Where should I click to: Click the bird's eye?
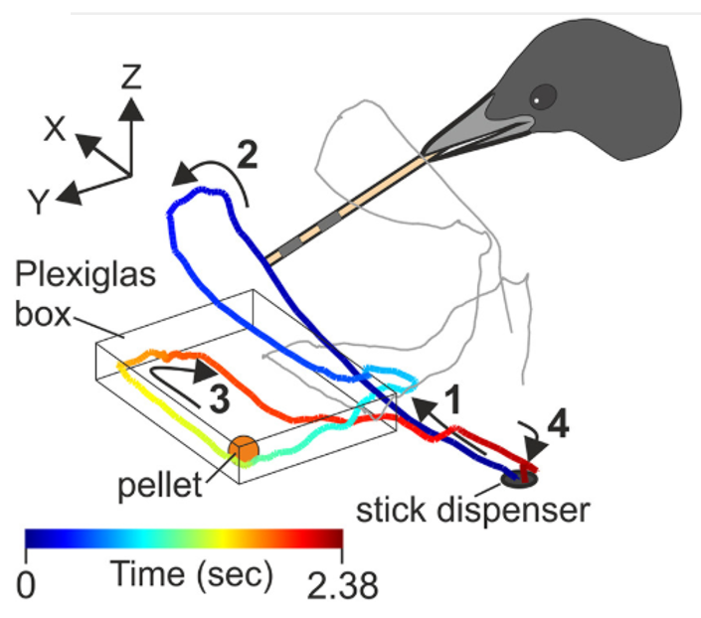[543, 96]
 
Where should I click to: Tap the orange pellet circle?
[244, 449]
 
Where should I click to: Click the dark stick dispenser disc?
[519, 479]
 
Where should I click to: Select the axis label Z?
[131, 77]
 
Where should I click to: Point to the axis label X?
[55, 129]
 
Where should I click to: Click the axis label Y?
[39, 202]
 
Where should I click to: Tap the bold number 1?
[452, 399]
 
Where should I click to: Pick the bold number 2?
[248, 155]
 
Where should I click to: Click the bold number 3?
[220, 398]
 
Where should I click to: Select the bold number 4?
[559, 423]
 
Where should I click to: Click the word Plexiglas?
[86, 273]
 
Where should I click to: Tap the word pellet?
[160, 485]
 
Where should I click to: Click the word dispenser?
[513, 511]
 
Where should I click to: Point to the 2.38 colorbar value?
[342, 586]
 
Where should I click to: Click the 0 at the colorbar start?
[26, 585]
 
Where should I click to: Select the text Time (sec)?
[191, 573]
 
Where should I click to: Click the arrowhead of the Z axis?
[131, 109]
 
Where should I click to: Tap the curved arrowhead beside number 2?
[185, 174]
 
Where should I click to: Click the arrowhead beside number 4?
[536, 449]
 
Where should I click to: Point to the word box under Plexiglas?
[43, 314]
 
